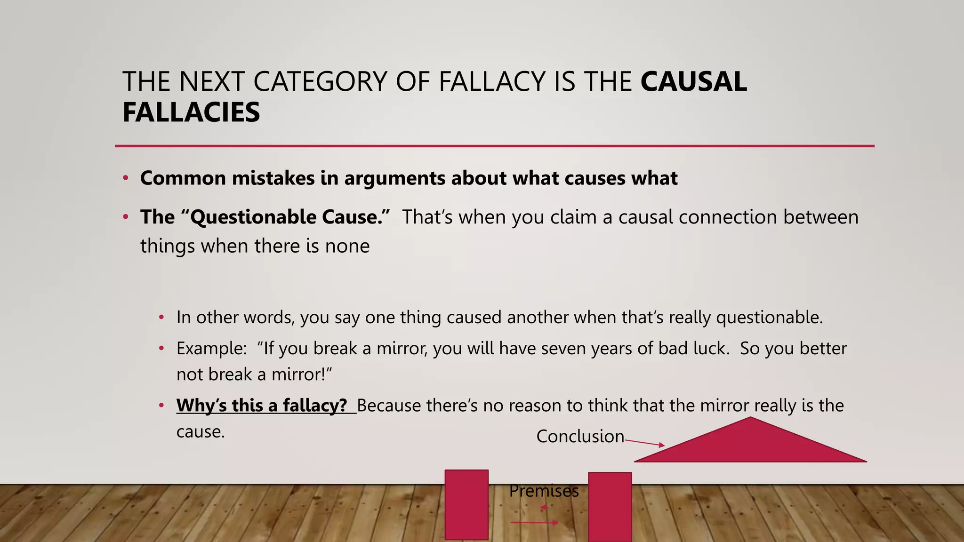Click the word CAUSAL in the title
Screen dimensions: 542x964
pos(693,82)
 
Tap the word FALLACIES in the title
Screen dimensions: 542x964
pos(191,112)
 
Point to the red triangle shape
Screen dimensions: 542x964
pos(750,445)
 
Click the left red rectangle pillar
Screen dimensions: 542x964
pos(466,504)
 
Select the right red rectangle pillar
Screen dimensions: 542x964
pos(610,506)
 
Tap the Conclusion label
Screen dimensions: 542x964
pos(580,436)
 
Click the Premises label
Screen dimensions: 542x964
pos(544,491)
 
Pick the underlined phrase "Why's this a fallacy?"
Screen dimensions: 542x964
pos(262,405)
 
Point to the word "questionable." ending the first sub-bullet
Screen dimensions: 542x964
pos(769,317)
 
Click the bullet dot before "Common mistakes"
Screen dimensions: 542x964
pos(126,178)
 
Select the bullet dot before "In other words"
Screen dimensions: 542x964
pos(161,318)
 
